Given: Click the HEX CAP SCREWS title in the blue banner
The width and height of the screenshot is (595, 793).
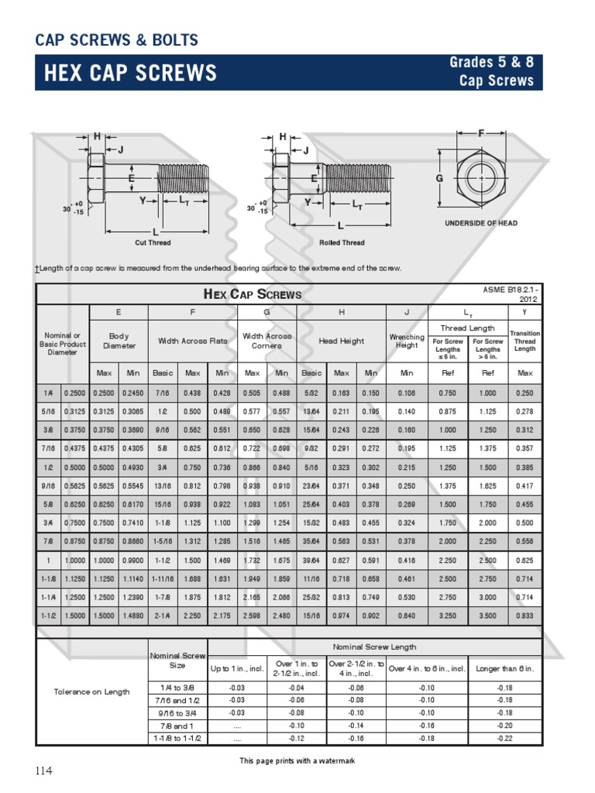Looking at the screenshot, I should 130,74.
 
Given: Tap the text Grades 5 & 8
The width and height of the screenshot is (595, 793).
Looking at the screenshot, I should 491,63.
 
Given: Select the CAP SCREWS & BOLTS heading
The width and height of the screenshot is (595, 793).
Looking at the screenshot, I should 117,39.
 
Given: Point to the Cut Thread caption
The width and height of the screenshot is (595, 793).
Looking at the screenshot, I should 152,242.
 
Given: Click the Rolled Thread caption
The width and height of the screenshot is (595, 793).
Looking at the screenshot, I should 342,242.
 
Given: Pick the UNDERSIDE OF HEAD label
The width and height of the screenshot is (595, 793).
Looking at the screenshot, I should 480,223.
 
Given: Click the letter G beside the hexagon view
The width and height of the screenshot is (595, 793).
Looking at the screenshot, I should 439,178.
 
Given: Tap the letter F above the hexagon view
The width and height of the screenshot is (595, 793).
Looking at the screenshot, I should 481,133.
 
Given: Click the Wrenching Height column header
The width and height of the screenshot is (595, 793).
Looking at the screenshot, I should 407,341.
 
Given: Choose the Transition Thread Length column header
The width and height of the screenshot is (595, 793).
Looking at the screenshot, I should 524,341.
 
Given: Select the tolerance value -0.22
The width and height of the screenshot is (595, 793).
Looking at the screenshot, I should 504,738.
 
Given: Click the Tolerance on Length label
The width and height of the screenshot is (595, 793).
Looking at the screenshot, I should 92,692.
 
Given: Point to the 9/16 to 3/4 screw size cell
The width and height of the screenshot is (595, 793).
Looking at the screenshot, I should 177,712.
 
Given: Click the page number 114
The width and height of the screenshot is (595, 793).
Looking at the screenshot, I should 44,771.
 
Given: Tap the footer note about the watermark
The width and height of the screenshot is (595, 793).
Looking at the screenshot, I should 297,761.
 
